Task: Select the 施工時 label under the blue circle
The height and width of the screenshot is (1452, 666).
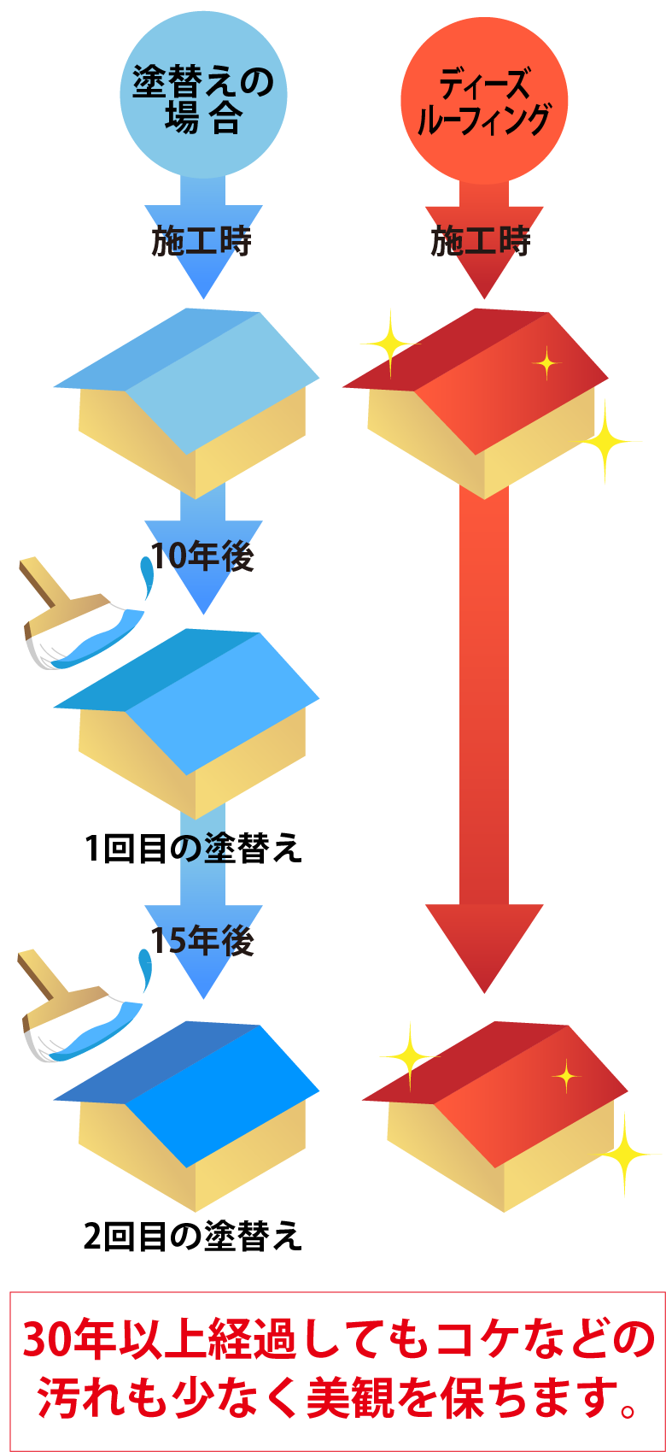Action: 202,242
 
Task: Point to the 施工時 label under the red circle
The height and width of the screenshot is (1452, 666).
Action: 482,242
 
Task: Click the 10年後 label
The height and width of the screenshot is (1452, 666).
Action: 203,557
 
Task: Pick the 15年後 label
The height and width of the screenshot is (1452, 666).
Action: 203,941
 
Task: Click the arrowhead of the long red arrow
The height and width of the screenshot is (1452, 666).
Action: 484,944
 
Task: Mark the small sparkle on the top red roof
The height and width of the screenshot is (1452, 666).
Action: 546,364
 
